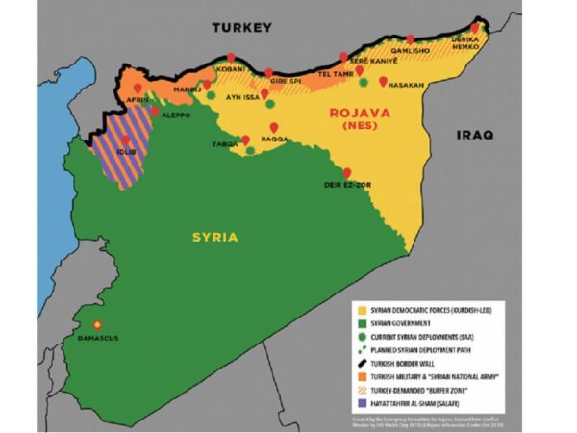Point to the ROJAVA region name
pyautogui.click(x=359, y=113)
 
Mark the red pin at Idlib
pyautogui.click(x=125, y=140)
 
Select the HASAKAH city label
pyautogui.click(x=405, y=85)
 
